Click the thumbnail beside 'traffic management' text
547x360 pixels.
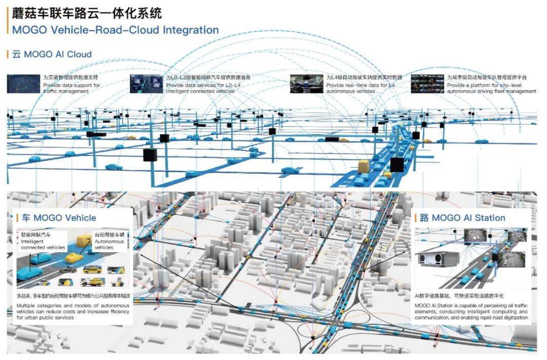click(x=23, y=84)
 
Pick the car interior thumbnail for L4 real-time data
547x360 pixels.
click(x=306, y=84)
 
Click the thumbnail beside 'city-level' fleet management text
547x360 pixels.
click(x=427, y=84)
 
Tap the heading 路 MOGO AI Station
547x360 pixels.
click(x=462, y=218)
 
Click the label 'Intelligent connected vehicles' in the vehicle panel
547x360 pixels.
click(x=43, y=245)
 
